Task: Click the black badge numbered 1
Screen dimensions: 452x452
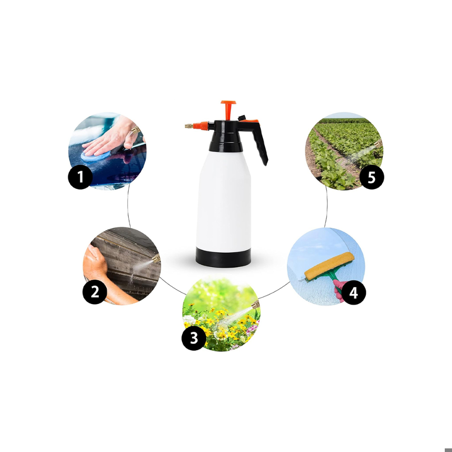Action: [80, 177]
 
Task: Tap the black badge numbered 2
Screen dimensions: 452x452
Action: [95, 292]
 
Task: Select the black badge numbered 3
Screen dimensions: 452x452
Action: [194, 338]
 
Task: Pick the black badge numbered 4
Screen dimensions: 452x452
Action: [354, 292]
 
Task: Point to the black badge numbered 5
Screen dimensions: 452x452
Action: [372, 177]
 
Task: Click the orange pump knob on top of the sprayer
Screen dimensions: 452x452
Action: [229, 110]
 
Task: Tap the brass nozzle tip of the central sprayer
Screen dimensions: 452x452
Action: [189, 126]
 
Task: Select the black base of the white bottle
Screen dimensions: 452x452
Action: [223, 257]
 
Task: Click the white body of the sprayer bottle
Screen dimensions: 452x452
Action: [224, 202]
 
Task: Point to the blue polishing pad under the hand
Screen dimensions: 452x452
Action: [94, 155]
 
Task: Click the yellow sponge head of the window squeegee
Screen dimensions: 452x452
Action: [329, 266]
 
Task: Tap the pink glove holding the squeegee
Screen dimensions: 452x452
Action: [339, 290]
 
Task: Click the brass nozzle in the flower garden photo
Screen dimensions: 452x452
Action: [255, 304]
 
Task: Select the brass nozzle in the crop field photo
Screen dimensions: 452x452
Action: [378, 143]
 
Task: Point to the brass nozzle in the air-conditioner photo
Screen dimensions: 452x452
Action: [156, 258]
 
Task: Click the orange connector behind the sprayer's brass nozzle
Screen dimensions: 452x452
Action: [201, 126]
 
